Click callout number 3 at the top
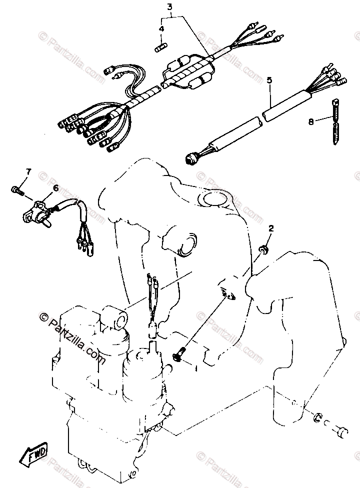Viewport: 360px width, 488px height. click(x=169, y=7)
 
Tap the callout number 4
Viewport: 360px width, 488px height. click(x=161, y=29)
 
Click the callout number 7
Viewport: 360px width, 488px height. click(x=28, y=172)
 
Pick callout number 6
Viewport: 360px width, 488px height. click(x=55, y=188)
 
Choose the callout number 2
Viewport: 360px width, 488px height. click(x=270, y=228)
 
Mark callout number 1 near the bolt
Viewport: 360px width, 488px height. click(x=196, y=369)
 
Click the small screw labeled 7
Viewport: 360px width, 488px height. click(x=17, y=189)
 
